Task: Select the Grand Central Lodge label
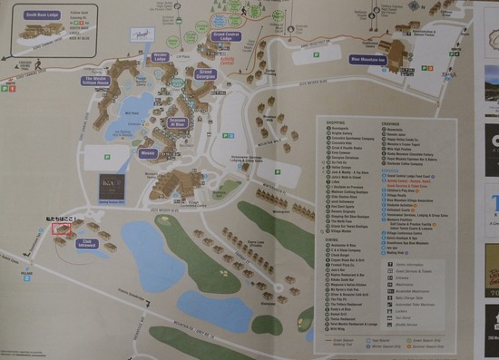tap(225, 37)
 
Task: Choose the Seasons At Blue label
tap(176, 122)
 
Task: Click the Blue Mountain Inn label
tap(367, 61)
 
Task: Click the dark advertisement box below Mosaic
tap(113, 186)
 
